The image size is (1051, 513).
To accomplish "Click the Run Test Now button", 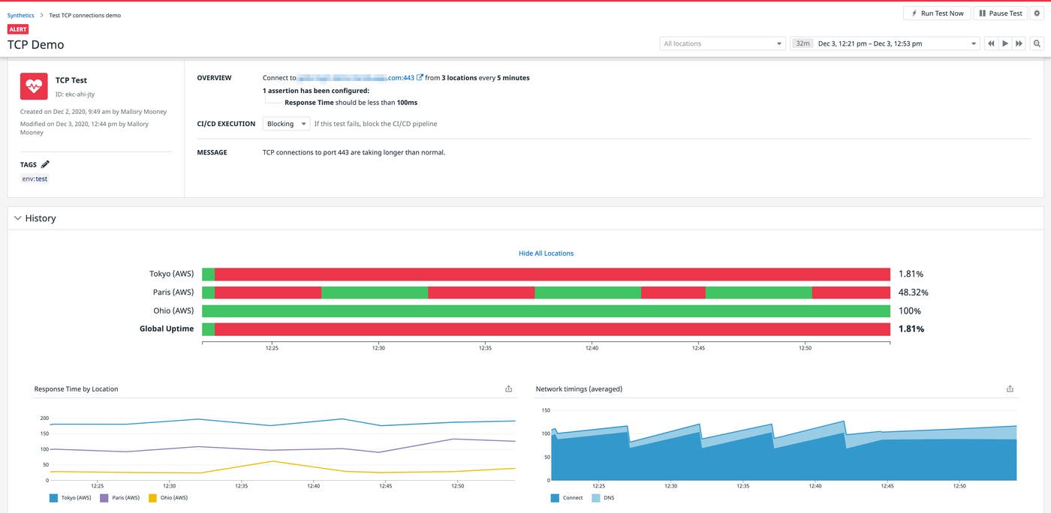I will pos(937,13).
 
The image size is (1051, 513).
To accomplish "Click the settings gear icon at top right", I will pos(1037,13).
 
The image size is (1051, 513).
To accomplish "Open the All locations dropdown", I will pos(722,43).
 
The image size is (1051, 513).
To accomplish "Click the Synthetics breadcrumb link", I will pos(20,15).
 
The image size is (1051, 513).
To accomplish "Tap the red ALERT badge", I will pos(18,29).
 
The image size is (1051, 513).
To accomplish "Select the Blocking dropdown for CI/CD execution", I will pos(286,124).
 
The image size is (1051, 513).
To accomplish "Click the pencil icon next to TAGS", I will pos(45,164).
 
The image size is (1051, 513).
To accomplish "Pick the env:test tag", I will pos(35,178).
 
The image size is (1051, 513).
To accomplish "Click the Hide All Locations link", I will pos(546,253).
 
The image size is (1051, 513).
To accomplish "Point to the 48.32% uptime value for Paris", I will pos(913,292).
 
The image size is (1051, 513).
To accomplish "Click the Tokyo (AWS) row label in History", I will pos(171,274).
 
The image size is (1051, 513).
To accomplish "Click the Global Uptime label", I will pos(167,328).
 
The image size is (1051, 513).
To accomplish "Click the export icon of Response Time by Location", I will pos(508,388).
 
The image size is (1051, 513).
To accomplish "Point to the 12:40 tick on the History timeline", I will pos(592,348).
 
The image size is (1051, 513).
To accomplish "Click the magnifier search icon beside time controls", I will pos(1037,43).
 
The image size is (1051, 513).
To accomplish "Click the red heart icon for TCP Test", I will pos(34,87).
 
